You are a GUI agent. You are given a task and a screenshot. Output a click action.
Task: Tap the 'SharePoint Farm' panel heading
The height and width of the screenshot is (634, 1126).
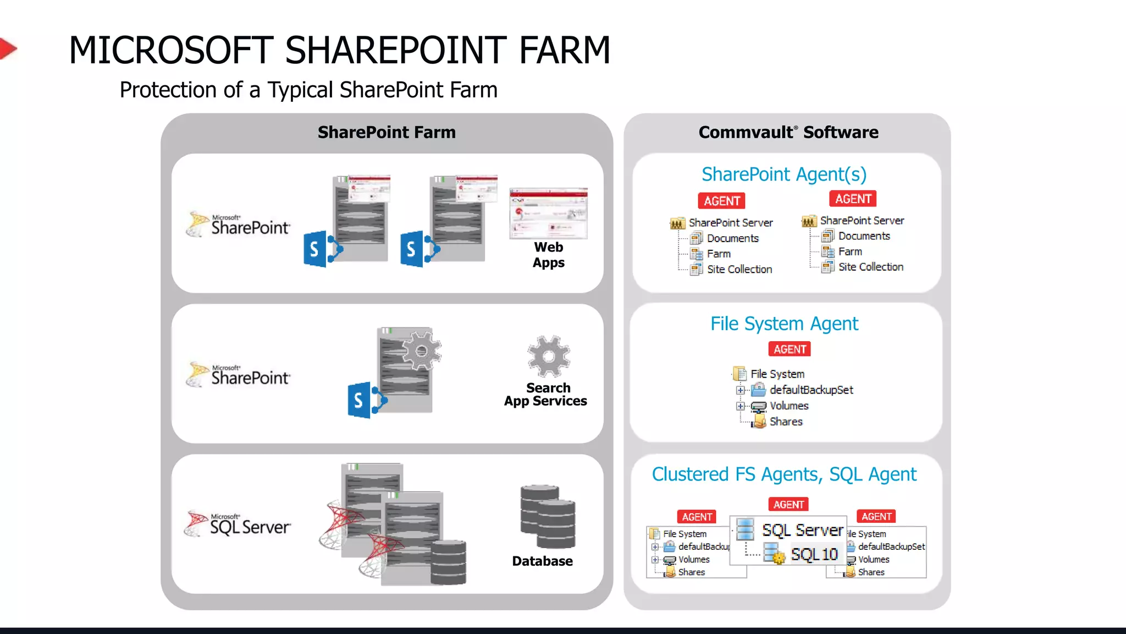(387, 132)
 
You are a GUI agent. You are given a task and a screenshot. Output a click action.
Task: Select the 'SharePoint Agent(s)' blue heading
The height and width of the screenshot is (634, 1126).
(784, 174)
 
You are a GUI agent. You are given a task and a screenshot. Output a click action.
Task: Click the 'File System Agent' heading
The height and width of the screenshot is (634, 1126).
(784, 324)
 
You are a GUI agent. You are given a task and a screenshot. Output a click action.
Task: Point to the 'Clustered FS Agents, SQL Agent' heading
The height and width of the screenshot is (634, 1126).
(784, 474)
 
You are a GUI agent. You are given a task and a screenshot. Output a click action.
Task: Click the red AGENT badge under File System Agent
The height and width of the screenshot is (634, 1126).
(790, 349)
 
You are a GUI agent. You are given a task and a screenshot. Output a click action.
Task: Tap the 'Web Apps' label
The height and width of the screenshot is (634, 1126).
(548, 255)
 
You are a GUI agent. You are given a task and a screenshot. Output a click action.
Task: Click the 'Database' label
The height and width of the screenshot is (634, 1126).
(542, 561)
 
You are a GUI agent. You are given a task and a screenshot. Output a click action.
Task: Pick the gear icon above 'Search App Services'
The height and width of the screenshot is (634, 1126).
(548, 356)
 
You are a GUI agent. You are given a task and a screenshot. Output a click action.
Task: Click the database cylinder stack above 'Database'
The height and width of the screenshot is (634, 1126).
(548, 516)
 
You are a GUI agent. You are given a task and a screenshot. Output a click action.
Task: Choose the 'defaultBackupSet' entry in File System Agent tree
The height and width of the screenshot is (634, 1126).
(811, 390)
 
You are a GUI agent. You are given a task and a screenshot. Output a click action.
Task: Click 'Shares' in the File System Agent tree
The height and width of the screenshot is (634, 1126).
(786, 422)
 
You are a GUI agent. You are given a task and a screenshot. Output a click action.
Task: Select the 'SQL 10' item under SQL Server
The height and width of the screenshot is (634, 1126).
(814, 554)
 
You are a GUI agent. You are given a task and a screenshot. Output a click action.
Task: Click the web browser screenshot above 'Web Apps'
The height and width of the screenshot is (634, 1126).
(548, 214)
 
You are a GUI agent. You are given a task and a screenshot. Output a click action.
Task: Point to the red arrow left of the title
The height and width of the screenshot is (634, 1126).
(8, 48)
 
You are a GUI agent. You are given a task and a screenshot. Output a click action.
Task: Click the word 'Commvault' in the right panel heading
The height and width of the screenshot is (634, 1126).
(746, 132)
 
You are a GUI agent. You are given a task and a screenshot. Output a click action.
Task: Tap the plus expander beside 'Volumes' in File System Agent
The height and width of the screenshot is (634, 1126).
(741, 406)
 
